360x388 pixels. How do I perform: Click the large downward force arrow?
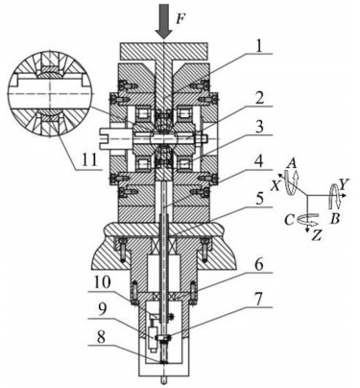pos(163,20)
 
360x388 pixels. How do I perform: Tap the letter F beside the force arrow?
pos(180,19)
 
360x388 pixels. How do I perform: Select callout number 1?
pos(258,47)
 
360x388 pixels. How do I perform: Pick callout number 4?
pos(259,162)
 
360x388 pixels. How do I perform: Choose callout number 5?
pos(259,200)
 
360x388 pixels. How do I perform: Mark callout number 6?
pos(259,266)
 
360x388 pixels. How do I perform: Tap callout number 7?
pos(259,300)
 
